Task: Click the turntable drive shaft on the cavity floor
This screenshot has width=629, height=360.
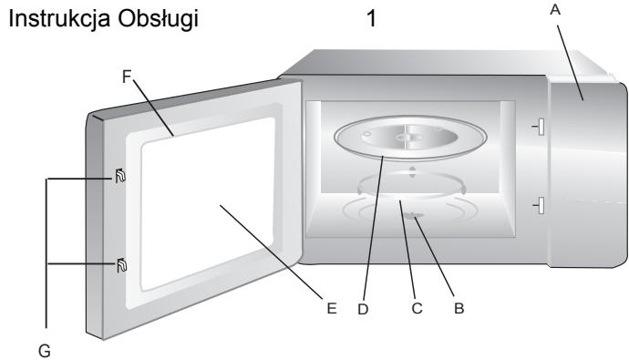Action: pyautogui.click(x=416, y=216)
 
